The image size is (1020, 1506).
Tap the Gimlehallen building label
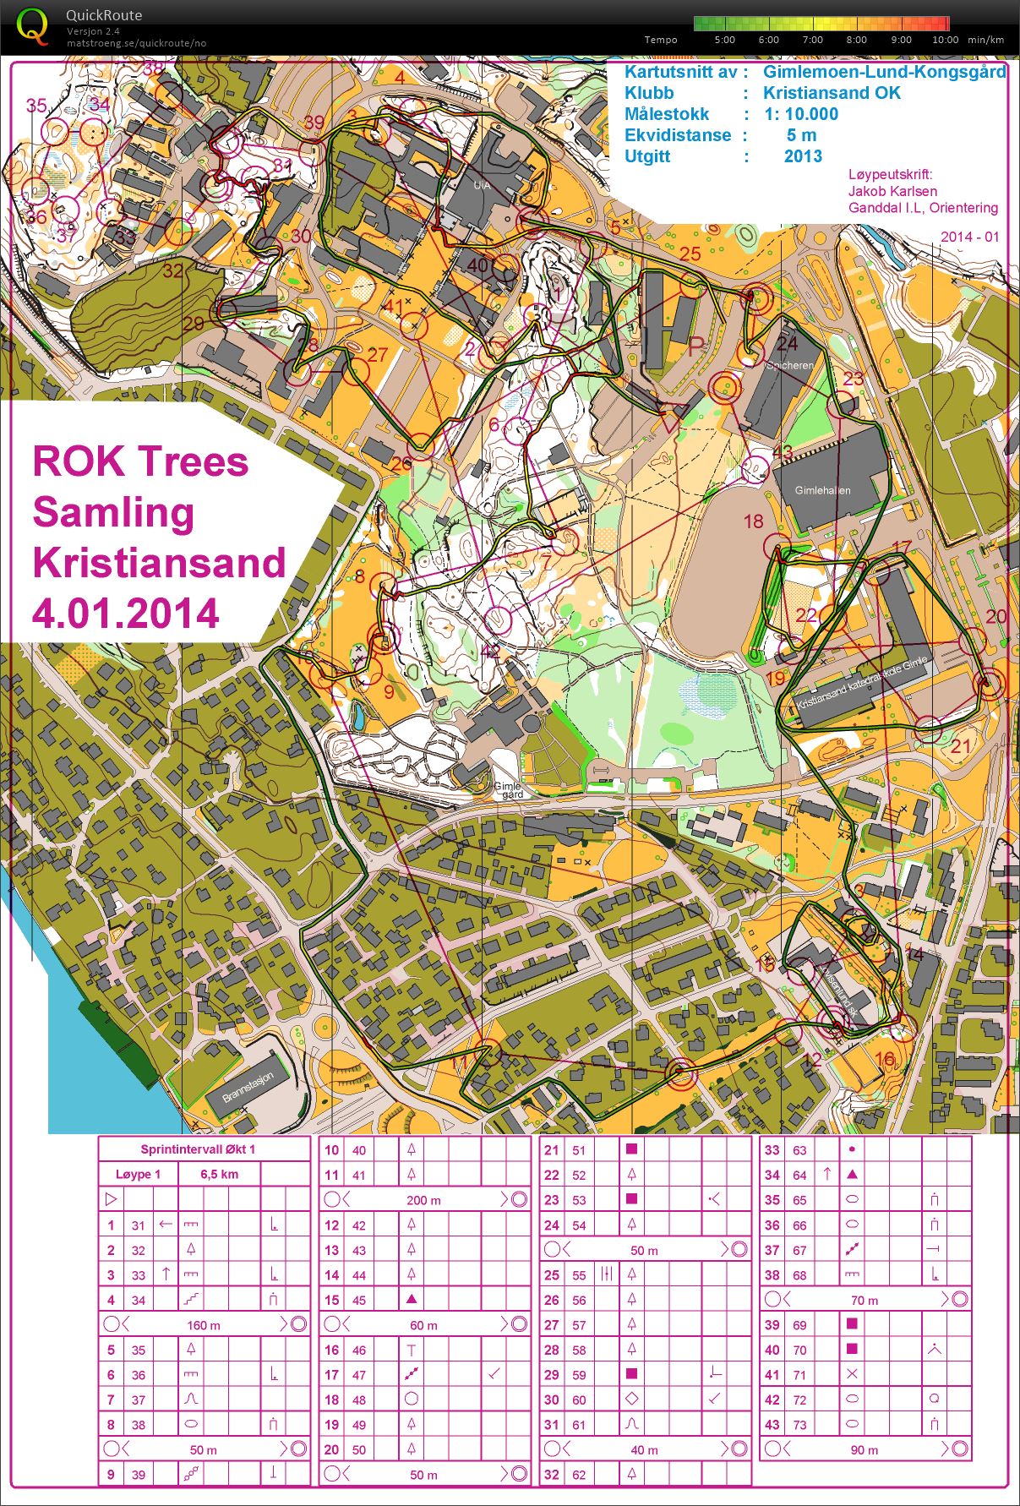[x=822, y=490]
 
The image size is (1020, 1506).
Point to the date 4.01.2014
[x=126, y=614]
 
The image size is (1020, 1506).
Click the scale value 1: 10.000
[x=801, y=114]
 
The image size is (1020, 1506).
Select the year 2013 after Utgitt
[x=803, y=156]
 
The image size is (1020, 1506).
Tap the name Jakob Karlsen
[x=892, y=191]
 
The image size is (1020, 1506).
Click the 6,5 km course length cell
[x=219, y=1174]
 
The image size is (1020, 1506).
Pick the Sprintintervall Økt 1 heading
[x=198, y=1149]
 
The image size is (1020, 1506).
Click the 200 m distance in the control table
[x=423, y=1200]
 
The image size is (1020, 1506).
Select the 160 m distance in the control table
[x=203, y=1325]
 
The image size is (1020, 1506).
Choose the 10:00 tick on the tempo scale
[x=945, y=40]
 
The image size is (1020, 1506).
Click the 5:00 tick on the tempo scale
[x=724, y=40]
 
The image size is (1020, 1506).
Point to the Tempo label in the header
[x=660, y=40]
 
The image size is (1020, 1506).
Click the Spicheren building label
[x=790, y=366]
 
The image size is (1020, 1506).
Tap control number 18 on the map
[x=753, y=521]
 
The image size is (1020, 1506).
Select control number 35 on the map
[x=36, y=106]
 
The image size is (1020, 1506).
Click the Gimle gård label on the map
[x=508, y=790]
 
